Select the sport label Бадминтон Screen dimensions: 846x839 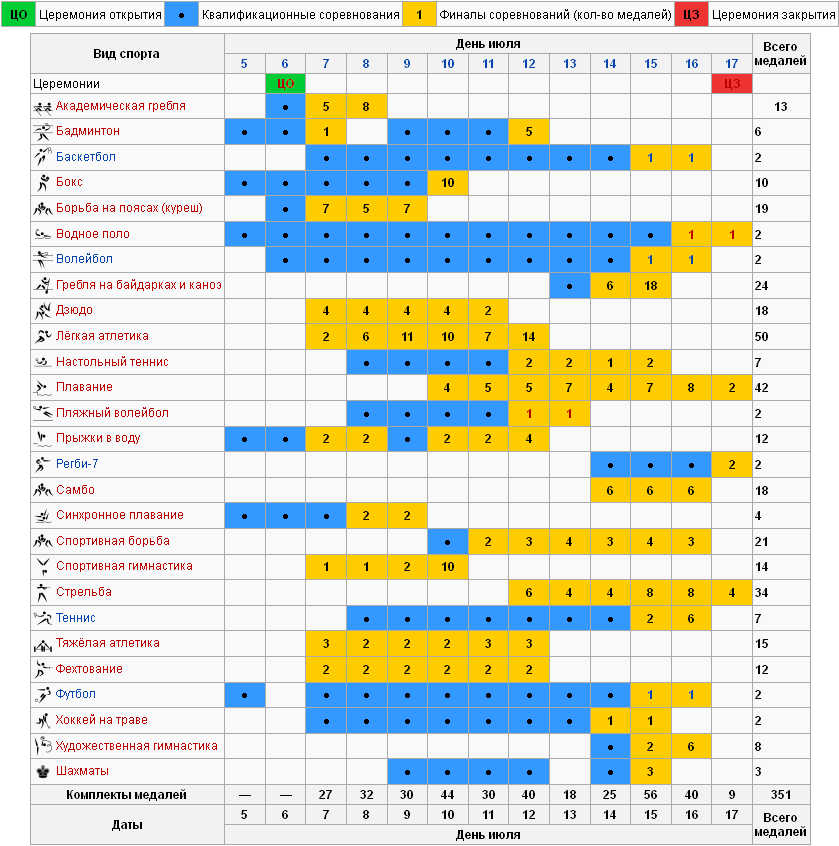coord(88,131)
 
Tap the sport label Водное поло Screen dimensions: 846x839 coord(93,234)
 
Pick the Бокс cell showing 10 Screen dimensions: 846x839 coord(447,183)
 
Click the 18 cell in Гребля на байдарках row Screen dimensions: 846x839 coord(650,285)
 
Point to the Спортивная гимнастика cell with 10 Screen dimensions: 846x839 coord(447,567)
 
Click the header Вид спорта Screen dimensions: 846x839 coord(126,54)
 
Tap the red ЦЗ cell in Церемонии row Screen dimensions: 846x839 coord(731,83)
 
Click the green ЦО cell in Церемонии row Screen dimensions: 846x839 coord(285,83)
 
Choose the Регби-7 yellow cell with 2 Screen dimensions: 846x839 coord(731,464)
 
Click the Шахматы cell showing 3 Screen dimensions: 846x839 coord(650,771)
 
